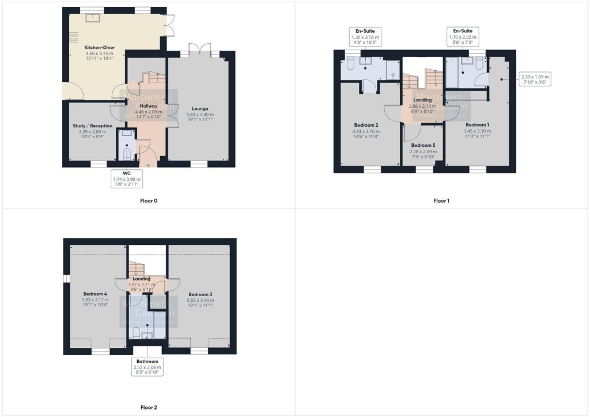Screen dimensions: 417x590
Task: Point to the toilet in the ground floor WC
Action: (127, 153)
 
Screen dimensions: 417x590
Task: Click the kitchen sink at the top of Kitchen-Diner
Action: (92, 18)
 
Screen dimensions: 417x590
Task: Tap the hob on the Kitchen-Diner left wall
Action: (73, 37)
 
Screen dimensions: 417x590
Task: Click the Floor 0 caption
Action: (148, 201)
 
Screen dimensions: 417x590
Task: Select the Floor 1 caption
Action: (441, 201)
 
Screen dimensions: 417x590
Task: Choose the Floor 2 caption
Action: (148, 407)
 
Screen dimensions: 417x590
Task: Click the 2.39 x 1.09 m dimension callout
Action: (535, 79)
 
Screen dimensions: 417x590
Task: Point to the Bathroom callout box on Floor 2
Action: (147, 367)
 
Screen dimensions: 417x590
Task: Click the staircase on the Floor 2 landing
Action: (136, 268)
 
